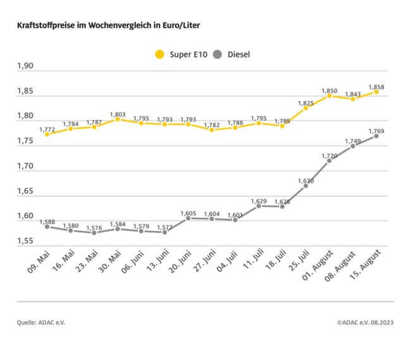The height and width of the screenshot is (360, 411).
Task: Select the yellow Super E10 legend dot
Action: click(159, 54)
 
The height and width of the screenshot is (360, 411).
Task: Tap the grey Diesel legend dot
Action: click(218, 54)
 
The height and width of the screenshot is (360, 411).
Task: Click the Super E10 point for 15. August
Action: click(376, 92)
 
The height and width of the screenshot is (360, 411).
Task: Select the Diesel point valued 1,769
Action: click(376, 136)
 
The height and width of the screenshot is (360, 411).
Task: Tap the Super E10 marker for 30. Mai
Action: click(118, 119)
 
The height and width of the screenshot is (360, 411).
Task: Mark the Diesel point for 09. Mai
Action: click(47, 226)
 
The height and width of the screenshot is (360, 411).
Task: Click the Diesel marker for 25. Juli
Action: click(305, 186)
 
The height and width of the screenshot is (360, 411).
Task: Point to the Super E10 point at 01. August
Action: click(329, 95)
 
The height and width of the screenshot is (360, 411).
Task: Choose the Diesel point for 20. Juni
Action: click(188, 218)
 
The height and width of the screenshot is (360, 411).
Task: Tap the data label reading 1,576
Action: click(94, 227)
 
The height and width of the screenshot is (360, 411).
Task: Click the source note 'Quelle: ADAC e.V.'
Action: click(41, 323)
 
